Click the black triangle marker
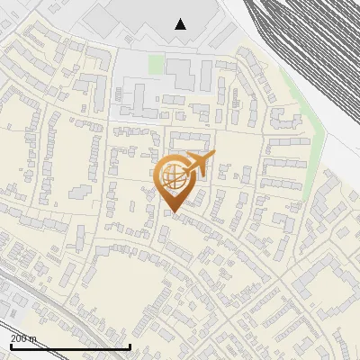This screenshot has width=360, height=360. click(181, 24)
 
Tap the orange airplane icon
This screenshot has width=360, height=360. click(201, 164)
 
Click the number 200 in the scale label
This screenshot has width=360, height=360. click(19, 338)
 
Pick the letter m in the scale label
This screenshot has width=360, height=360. click(34, 338)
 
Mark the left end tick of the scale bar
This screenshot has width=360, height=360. click(10, 345)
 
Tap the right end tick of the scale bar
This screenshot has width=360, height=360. click(130, 345)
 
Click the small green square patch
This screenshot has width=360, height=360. click(156, 65)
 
